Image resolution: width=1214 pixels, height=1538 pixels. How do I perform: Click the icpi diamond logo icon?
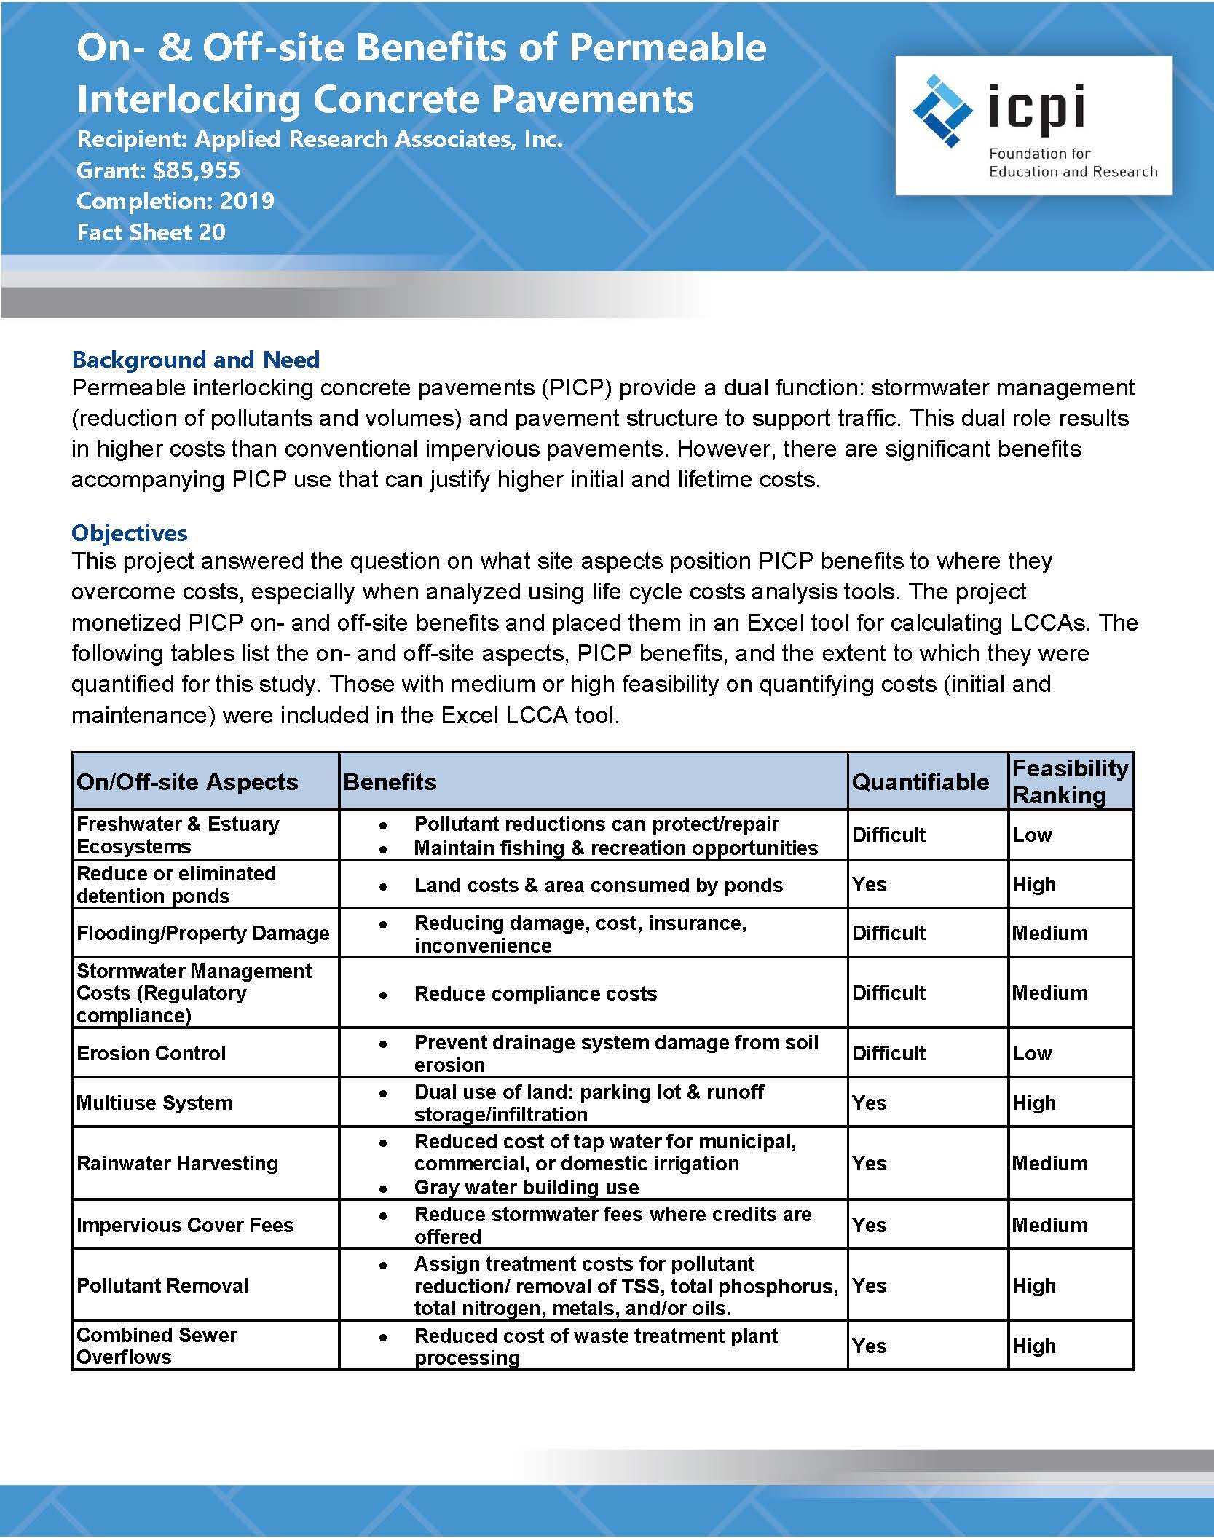(942, 111)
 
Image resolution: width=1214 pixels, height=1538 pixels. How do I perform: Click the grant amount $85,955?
(197, 170)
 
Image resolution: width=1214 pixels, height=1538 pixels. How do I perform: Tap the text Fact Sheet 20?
(151, 232)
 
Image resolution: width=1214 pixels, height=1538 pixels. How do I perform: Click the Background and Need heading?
(196, 360)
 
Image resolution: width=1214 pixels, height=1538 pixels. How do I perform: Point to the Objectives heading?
(130, 533)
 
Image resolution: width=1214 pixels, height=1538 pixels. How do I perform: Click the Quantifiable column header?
(921, 782)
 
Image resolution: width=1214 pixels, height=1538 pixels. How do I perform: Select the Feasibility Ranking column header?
(1070, 781)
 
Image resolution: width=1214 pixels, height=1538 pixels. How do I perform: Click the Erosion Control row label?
(151, 1053)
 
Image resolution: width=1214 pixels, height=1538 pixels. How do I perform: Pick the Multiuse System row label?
(155, 1103)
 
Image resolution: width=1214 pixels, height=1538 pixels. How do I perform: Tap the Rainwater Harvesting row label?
(178, 1163)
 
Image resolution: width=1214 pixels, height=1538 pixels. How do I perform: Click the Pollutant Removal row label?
(163, 1285)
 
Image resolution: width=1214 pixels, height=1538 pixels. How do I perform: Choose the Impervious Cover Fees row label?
(185, 1225)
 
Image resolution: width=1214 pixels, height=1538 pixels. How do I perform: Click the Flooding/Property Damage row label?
(203, 933)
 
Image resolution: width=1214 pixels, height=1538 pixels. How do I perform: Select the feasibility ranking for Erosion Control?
(1032, 1053)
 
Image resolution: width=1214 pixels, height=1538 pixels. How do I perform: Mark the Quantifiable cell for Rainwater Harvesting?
(870, 1163)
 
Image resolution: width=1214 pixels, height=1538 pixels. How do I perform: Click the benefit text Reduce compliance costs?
(535, 993)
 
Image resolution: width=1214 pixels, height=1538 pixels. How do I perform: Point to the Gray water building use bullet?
(526, 1187)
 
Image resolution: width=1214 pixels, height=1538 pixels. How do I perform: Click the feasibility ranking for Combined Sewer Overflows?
(1034, 1346)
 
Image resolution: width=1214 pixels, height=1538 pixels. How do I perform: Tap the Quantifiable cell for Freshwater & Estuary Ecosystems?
(888, 835)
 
